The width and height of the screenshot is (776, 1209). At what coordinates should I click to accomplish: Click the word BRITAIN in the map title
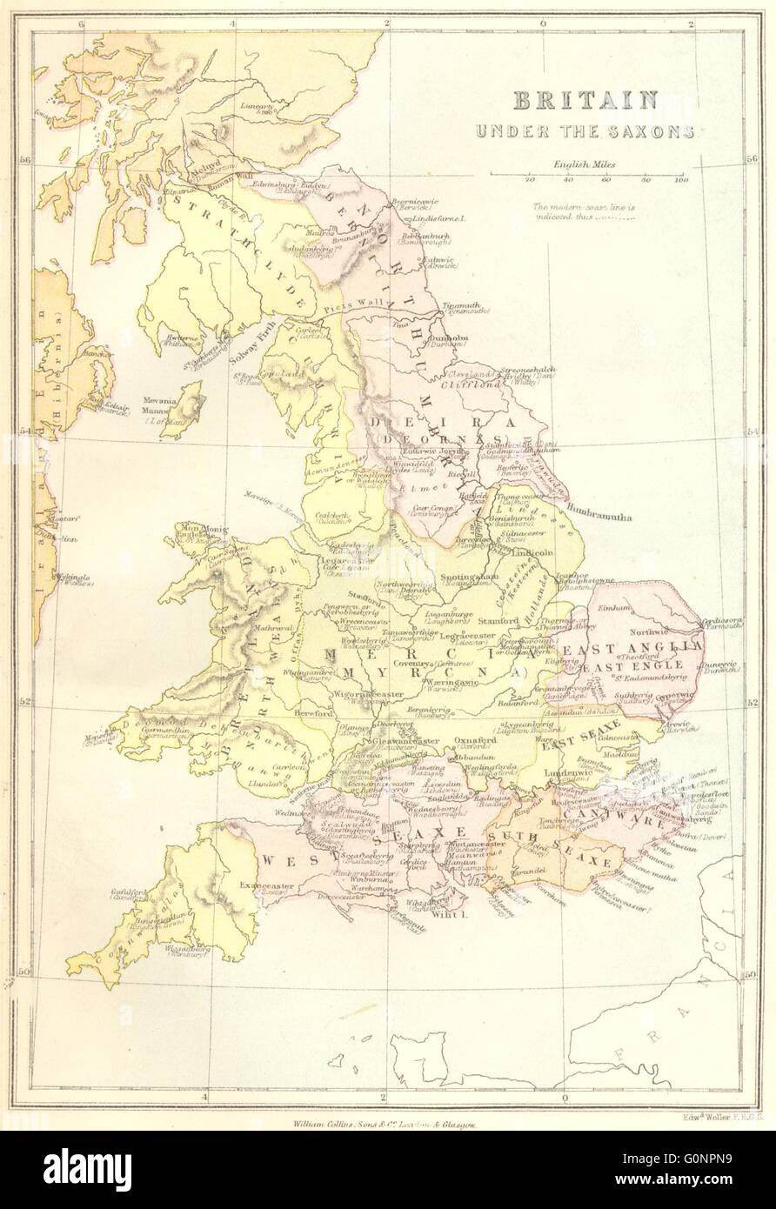584,100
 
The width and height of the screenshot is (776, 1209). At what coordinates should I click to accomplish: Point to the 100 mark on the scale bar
680,180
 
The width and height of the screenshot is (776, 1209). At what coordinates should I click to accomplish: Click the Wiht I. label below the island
449,915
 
